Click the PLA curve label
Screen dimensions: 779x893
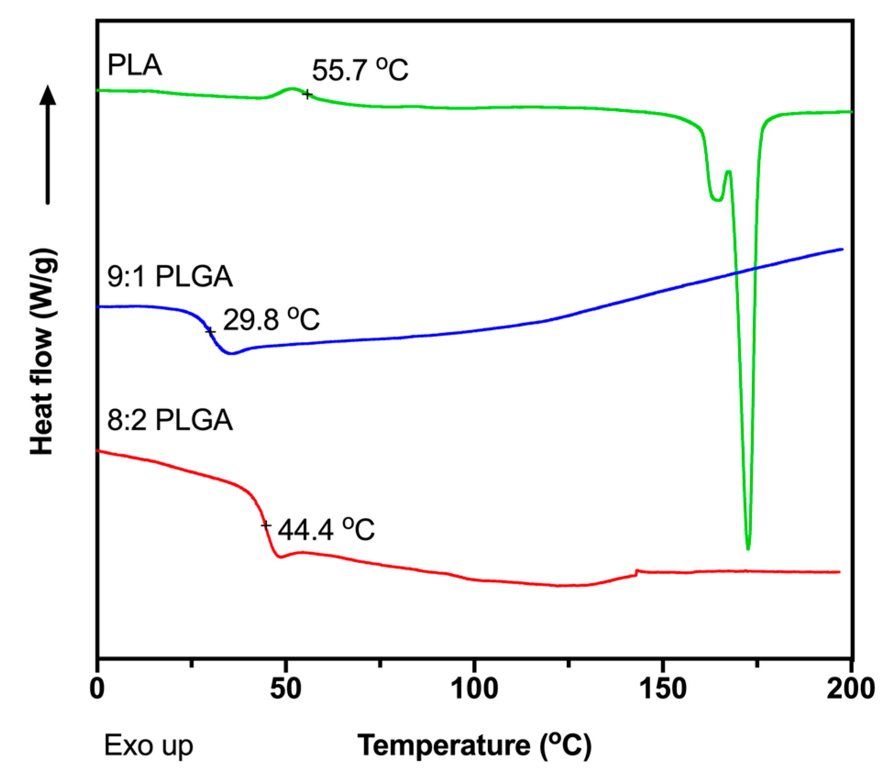coord(134,65)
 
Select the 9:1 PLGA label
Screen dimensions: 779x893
coord(170,277)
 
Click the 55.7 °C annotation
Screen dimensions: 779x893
coord(360,70)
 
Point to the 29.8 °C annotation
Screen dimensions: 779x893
coord(271,319)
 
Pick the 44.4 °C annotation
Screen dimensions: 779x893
coord(326,530)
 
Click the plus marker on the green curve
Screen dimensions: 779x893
coord(308,94)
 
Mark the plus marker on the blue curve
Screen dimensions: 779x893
coord(210,331)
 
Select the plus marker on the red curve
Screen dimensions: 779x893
coord(266,525)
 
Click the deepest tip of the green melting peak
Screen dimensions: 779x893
coord(748,548)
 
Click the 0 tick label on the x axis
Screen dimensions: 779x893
coord(97,689)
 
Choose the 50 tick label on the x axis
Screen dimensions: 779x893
coord(285,689)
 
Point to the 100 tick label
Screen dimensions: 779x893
coord(474,689)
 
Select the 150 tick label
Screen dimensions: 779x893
coord(663,689)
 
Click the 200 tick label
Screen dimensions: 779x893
coord(851,689)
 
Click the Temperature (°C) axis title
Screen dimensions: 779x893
coord(474,746)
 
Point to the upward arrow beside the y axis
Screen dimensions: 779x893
coord(48,144)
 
